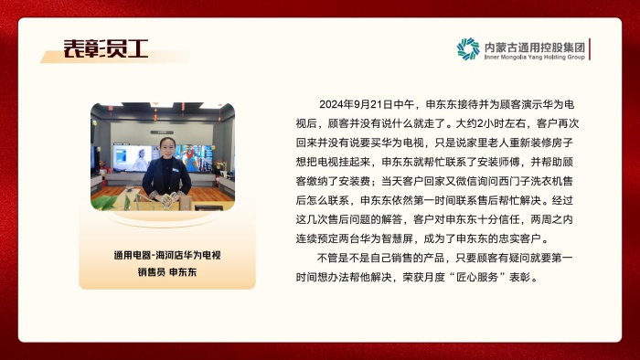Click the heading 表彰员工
pos(105,48)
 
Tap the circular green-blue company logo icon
pos(468,48)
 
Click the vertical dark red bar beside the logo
pos(590,49)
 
